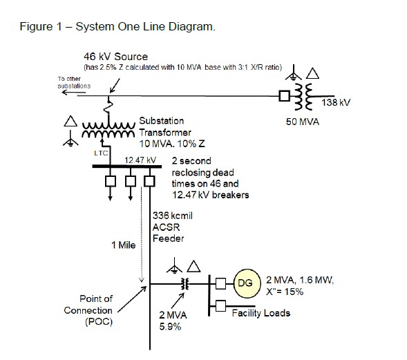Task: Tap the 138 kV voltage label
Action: [x=337, y=102]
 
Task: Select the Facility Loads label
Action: [x=261, y=312]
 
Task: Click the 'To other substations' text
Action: [x=74, y=82]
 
